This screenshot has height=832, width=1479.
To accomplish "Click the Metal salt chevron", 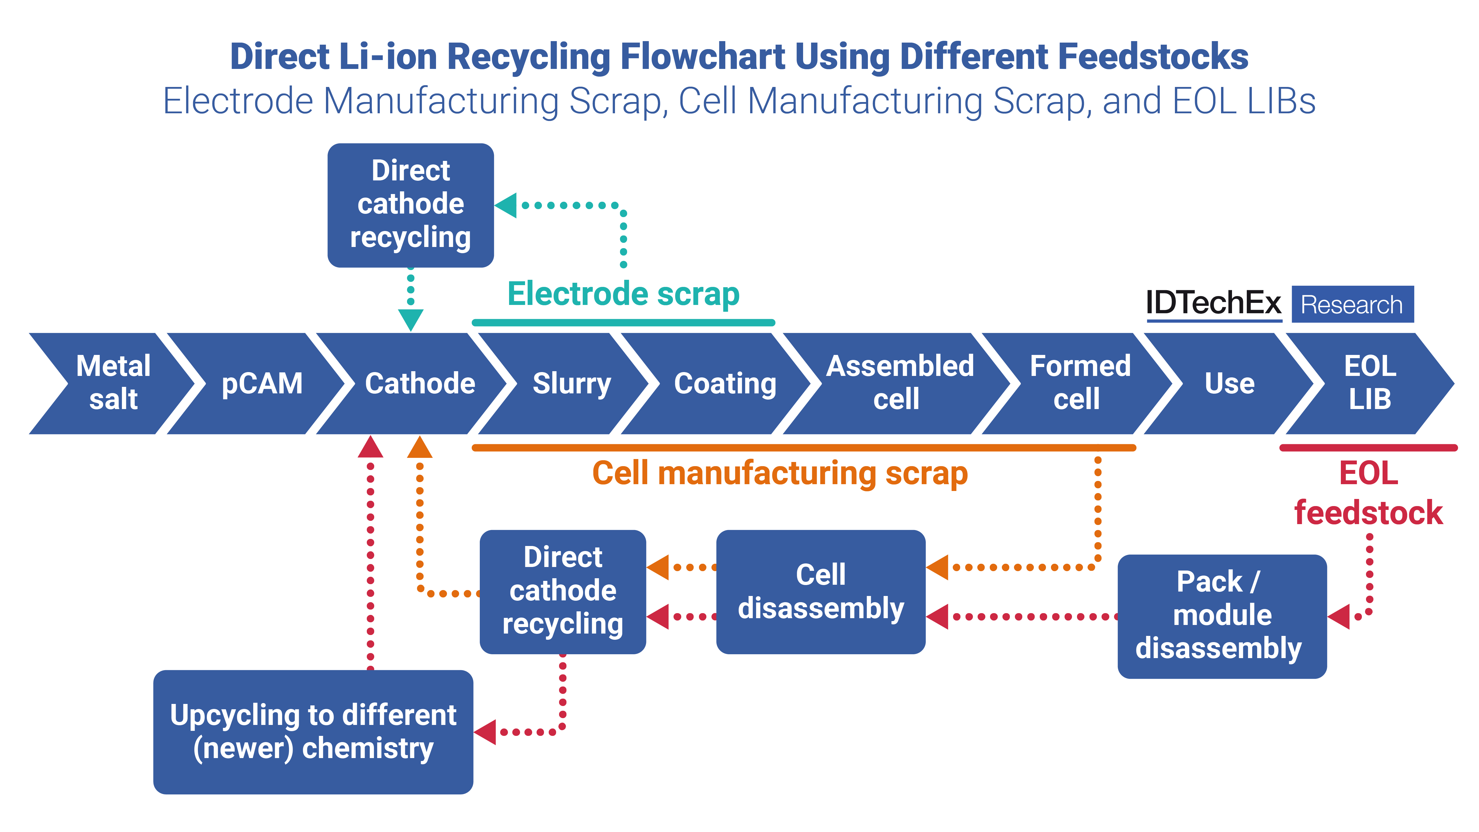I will coord(113,383).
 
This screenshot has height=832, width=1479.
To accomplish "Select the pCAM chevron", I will coord(262,383).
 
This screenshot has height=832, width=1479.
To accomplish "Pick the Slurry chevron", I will coord(571,383).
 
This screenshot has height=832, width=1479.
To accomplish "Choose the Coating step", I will coord(725,383).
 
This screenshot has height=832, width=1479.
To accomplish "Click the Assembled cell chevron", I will coord(899,383).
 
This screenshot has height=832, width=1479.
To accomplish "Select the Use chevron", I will coord(1229,383).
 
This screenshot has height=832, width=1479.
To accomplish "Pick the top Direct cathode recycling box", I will coord(411,205).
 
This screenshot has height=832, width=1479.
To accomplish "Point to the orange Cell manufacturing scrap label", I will coord(780,474).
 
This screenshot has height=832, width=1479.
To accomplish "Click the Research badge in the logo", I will coord(1352,304).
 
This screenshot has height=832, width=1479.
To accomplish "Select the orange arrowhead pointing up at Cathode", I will coord(420,448).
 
